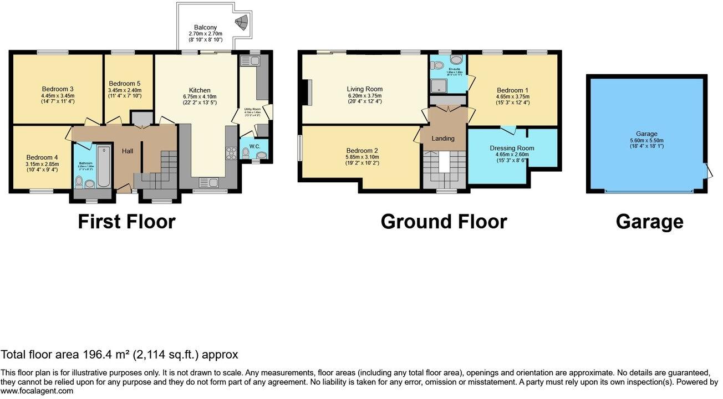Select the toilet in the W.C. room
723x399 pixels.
click(x=246, y=152)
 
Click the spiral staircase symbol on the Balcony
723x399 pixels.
click(x=242, y=22)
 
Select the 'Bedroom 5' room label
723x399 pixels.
click(x=125, y=83)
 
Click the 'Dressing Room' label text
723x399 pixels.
click(x=512, y=148)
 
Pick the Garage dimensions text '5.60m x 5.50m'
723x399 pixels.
click(x=646, y=140)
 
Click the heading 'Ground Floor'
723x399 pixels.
click(x=444, y=222)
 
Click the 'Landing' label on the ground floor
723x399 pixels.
click(x=442, y=138)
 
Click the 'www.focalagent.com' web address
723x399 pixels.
click(x=37, y=391)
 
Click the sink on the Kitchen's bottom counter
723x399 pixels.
click(x=209, y=182)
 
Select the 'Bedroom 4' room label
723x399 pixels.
click(x=42, y=157)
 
